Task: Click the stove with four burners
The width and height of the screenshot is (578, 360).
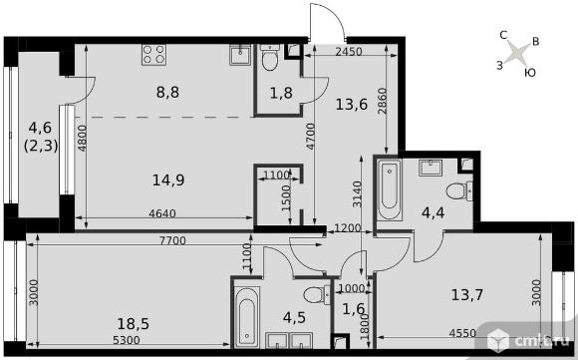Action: pyautogui.click(x=153, y=55)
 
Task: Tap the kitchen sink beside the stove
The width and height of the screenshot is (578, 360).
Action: pyautogui.click(x=240, y=55)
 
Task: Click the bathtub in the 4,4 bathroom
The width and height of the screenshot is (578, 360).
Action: pyautogui.click(x=390, y=189)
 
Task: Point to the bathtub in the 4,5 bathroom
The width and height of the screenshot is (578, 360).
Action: pyautogui.click(x=246, y=317)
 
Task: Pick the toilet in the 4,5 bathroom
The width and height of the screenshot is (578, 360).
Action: pyautogui.click(x=317, y=295)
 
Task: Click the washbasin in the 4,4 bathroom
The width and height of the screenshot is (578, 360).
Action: pyautogui.click(x=431, y=168)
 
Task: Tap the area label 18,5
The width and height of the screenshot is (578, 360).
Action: pyautogui.click(x=134, y=324)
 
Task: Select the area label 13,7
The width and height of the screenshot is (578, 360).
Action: pyautogui.click(x=467, y=295)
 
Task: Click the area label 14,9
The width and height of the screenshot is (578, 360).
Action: pyautogui.click(x=168, y=180)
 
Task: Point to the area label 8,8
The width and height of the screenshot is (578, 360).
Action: pyautogui.click(x=167, y=92)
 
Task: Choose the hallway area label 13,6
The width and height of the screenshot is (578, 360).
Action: pyautogui.click(x=352, y=105)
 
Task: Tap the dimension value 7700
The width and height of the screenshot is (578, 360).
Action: pyautogui.click(x=172, y=241)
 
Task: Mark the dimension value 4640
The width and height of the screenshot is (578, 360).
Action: pyautogui.click(x=162, y=213)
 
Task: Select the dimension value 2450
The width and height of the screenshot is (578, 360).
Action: pyautogui.click(x=349, y=52)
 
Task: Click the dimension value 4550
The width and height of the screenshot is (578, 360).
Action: pyautogui.click(x=462, y=333)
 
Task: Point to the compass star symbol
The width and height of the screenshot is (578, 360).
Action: pyautogui.click(x=514, y=53)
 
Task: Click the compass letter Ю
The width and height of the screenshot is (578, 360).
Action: pyautogui.click(x=530, y=73)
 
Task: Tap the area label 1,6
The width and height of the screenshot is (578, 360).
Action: pyautogui.click(x=353, y=309)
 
